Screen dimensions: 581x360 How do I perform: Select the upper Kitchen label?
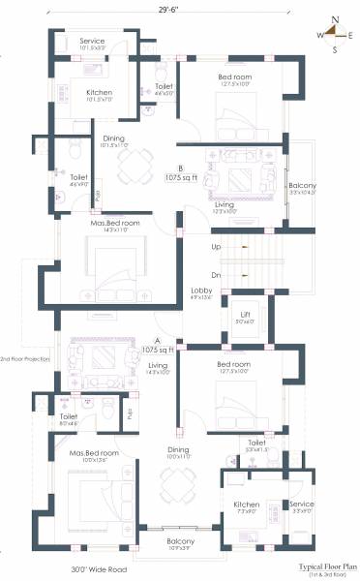click(x=99, y=90)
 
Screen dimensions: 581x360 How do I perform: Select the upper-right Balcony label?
click(x=301, y=185)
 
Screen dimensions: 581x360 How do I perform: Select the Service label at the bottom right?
click(x=302, y=505)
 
